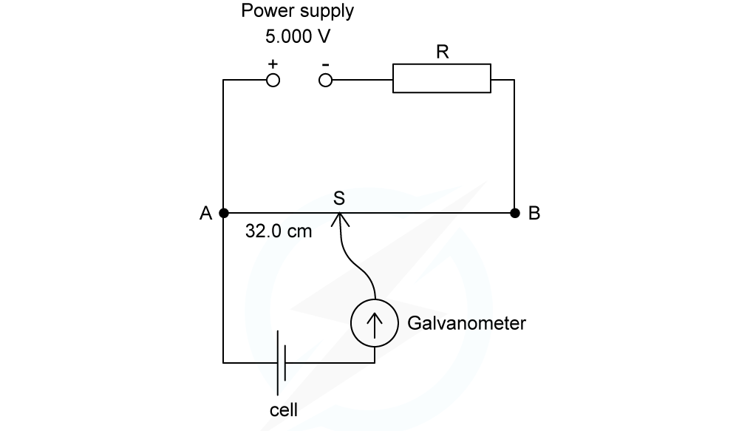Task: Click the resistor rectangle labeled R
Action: (441, 78)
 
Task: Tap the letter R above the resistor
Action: (442, 52)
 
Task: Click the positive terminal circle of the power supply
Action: (273, 80)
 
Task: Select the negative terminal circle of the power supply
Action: (325, 80)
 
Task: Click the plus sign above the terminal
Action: (273, 64)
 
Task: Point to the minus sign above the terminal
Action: (325, 64)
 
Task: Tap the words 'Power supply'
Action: (298, 12)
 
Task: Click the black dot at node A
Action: (223, 213)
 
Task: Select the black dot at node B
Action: (514, 213)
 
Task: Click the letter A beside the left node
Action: (205, 214)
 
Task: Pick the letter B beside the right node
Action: (534, 214)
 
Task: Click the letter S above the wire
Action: (339, 197)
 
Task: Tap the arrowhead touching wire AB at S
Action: (339, 218)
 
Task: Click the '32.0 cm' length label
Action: (279, 231)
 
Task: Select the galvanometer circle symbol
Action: (375, 324)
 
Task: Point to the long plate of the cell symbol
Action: (278, 362)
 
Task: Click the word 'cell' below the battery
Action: (284, 410)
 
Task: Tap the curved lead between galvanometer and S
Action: (353, 259)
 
